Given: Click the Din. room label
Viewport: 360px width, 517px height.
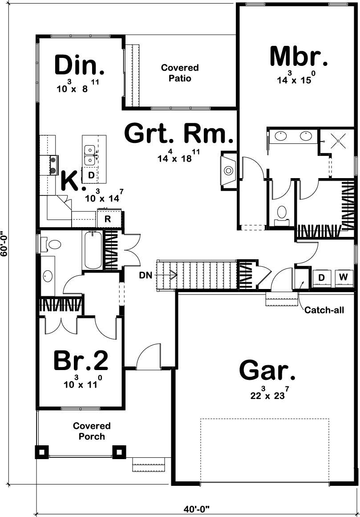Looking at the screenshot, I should [x=80, y=65].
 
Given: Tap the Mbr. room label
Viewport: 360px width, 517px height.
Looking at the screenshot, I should [x=299, y=57].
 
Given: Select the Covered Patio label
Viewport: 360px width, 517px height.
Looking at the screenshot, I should [x=180, y=73].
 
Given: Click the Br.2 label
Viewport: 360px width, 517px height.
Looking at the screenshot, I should [x=81, y=361].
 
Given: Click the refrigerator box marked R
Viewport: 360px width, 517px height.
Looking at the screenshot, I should [x=107, y=219].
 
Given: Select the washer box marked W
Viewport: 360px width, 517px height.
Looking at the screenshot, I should [x=343, y=277].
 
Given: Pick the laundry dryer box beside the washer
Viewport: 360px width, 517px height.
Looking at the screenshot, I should [x=321, y=277].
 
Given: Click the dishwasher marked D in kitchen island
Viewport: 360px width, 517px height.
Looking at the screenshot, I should [x=91, y=175].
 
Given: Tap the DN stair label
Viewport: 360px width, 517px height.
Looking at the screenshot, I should [x=146, y=275].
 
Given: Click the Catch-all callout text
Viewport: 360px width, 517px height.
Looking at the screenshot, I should [x=324, y=310].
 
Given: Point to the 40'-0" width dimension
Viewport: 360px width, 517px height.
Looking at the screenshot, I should [x=196, y=508].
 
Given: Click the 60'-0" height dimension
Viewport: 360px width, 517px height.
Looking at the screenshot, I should [x=5, y=244].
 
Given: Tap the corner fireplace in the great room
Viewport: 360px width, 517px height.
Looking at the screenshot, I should [x=229, y=170].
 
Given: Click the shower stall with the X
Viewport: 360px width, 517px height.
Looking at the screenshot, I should [x=338, y=141].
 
